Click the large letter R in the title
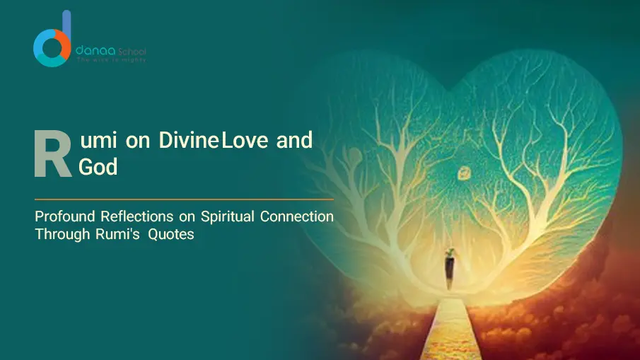(x=52, y=153)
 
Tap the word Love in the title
(x=245, y=141)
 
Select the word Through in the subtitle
(x=59, y=234)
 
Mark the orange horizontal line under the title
(x=184, y=200)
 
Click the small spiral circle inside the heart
(x=465, y=172)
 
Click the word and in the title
(x=294, y=141)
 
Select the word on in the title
(x=136, y=141)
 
